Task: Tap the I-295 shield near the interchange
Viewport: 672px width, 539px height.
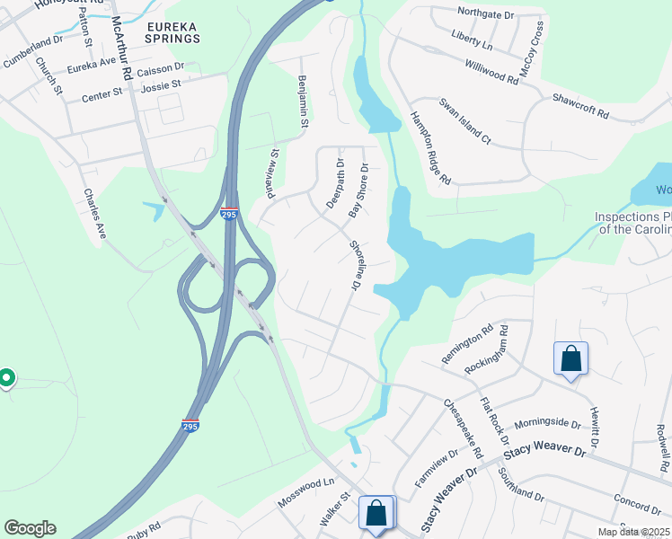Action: (x=229, y=214)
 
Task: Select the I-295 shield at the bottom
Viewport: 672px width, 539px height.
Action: (x=190, y=423)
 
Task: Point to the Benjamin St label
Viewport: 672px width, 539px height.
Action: (x=304, y=100)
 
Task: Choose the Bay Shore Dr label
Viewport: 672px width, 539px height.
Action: (x=359, y=190)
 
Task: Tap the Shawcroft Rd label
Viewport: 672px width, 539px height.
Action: (x=580, y=104)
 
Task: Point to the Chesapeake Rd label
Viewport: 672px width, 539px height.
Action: (x=464, y=428)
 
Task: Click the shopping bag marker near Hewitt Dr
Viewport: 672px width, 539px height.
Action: (x=571, y=359)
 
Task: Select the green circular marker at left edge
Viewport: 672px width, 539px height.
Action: (x=6, y=378)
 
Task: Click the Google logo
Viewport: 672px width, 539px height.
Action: (x=30, y=527)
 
